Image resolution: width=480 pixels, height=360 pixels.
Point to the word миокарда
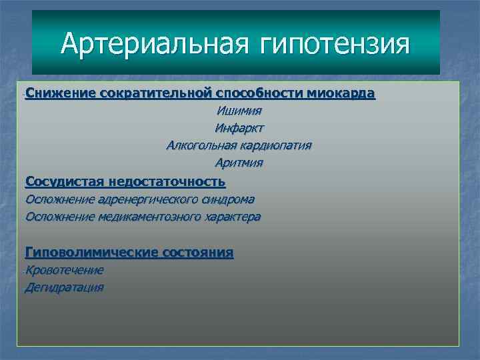(x=341, y=93)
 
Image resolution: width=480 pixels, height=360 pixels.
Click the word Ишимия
(x=239, y=111)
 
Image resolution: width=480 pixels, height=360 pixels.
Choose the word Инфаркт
(x=239, y=128)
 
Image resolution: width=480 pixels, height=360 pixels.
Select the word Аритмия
(x=239, y=163)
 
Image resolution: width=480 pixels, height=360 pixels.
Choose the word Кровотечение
(x=65, y=270)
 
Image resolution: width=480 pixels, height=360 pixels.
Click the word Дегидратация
(x=65, y=287)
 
